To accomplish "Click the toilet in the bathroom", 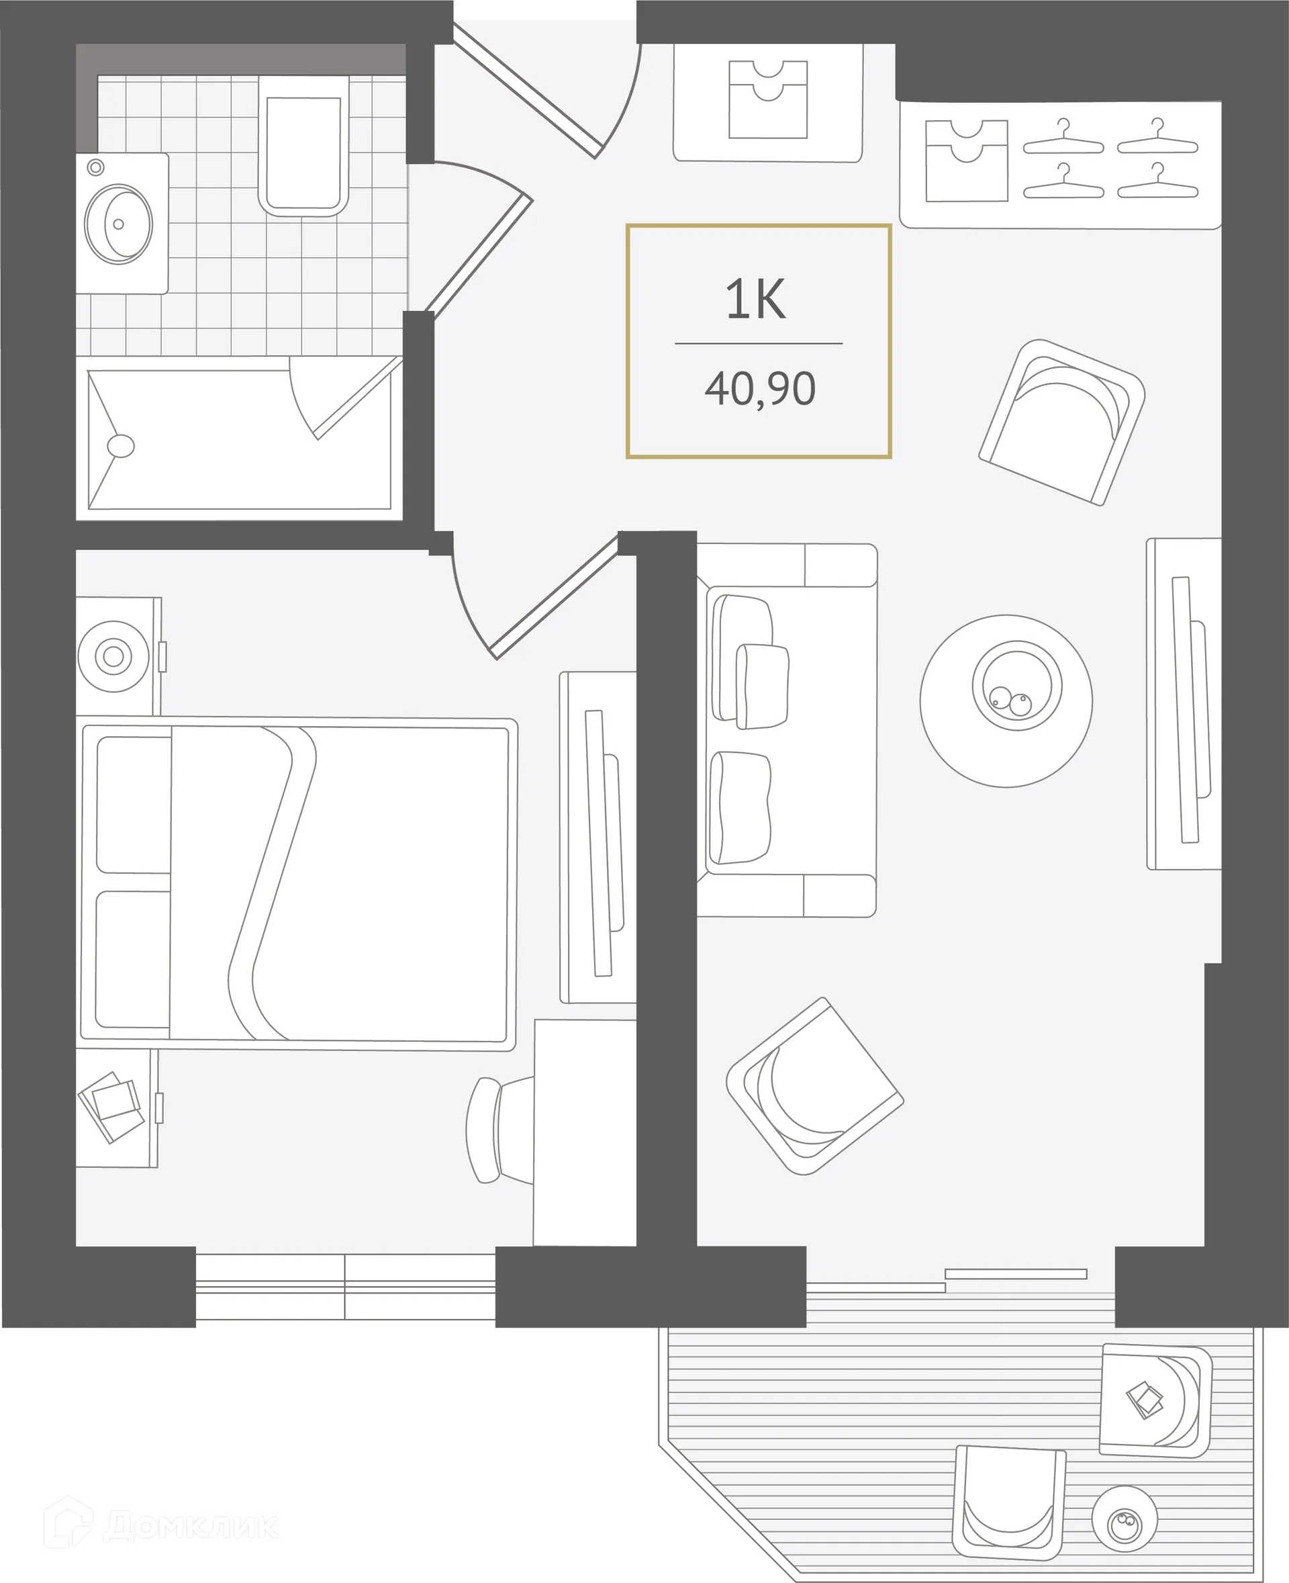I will coord(303,148).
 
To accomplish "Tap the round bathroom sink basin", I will coord(119,223).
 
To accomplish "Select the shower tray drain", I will coord(120,446).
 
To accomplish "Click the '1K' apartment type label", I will coord(755,300).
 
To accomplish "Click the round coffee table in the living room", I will coord(1006,700).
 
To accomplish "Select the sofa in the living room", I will coord(787,730).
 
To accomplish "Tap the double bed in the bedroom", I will coord(297,884).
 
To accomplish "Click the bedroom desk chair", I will coord(493,1130).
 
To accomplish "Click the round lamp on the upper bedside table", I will coord(113,656).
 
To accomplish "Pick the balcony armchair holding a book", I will coord(1155,1401).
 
